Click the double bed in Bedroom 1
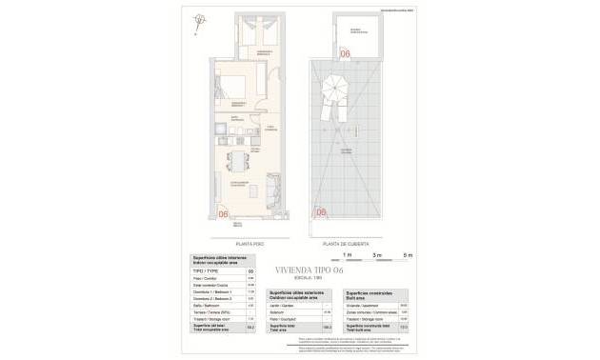tap(232, 85)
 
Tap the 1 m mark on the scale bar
tap(349, 255)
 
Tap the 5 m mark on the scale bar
tap(409, 255)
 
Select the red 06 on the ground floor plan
tap(225, 214)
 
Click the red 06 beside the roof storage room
tap(347, 55)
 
